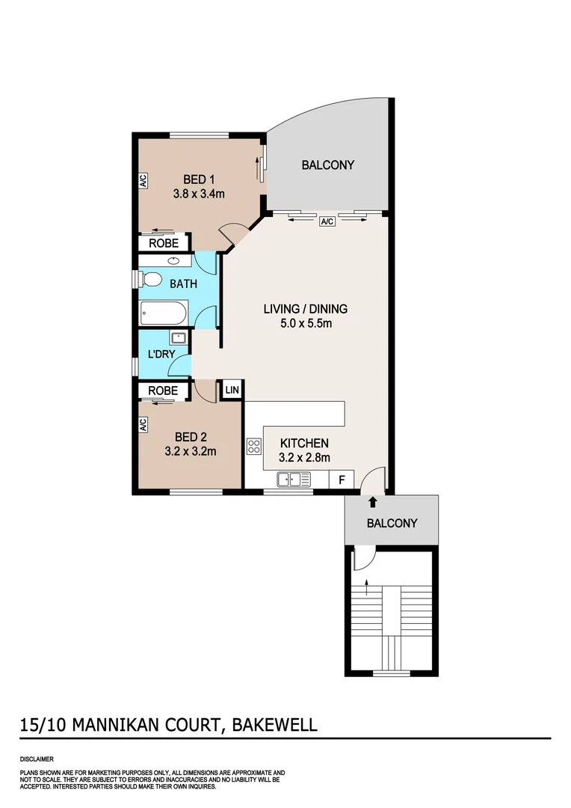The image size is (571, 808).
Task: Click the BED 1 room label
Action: pos(200,179)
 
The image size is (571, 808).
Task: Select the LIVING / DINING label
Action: pos(306,308)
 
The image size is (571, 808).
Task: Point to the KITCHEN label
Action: pos(304,444)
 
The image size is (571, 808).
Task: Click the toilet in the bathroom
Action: pos(152,280)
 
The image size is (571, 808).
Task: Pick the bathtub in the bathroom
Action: pos(164,313)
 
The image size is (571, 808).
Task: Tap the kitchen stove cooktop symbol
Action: pos(254,447)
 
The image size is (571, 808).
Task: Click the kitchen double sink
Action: pos(293,479)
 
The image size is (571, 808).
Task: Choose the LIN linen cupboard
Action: pos(232,390)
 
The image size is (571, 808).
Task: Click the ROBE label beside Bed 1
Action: pos(163,243)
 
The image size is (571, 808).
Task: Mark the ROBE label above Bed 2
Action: pos(163,391)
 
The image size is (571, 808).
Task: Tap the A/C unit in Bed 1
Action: pos(142,180)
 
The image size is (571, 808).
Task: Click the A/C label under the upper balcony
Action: pos(327,221)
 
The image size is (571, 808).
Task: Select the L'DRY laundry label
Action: pos(160,354)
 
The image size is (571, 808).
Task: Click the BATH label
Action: pos(184,284)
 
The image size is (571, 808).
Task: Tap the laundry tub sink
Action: pos(179,337)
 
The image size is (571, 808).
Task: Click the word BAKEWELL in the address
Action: pos(275,724)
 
